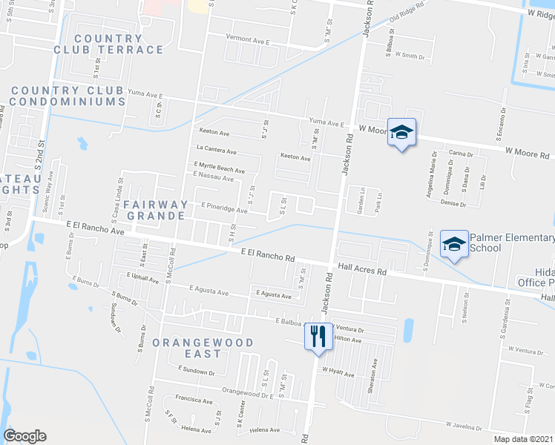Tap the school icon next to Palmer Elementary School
click(x=454, y=244)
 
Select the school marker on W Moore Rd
click(x=401, y=133)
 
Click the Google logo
click(x=24, y=436)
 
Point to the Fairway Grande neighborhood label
click(x=155, y=209)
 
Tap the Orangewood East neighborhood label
click(x=203, y=348)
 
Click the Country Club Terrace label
click(x=108, y=44)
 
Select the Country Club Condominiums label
click(x=68, y=96)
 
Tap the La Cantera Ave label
click(x=216, y=151)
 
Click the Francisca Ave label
click(x=194, y=400)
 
